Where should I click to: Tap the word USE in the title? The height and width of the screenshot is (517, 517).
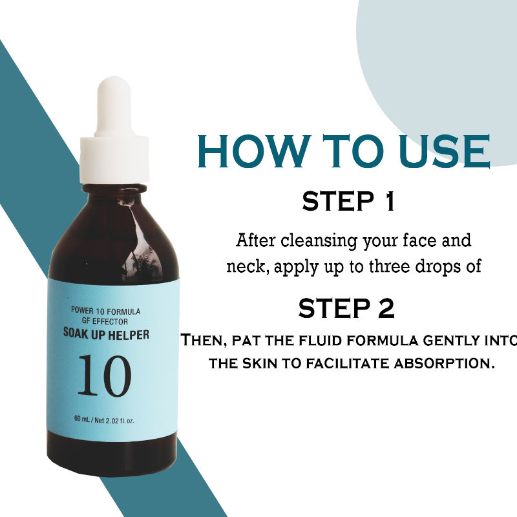[x=445, y=151]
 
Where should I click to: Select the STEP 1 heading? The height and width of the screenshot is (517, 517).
[x=348, y=201]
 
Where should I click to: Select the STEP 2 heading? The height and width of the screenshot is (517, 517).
[x=346, y=308]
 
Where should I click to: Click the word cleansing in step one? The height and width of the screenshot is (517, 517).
[x=319, y=240]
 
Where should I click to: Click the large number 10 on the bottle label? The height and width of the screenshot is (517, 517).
[x=105, y=375]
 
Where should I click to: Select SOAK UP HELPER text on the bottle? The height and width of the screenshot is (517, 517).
[x=106, y=334]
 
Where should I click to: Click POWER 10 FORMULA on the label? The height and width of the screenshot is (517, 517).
[x=106, y=311]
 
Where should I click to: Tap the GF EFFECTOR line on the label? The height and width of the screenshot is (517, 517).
[x=105, y=321]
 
